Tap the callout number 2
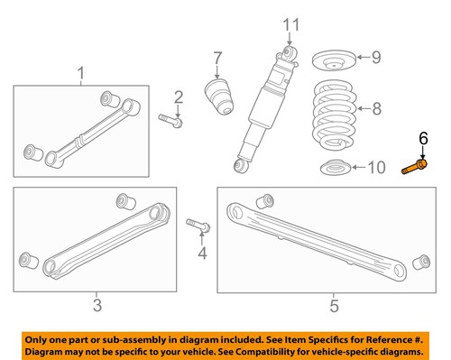(x=178, y=97)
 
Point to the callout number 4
(x=202, y=254)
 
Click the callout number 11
(x=289, y=24)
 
